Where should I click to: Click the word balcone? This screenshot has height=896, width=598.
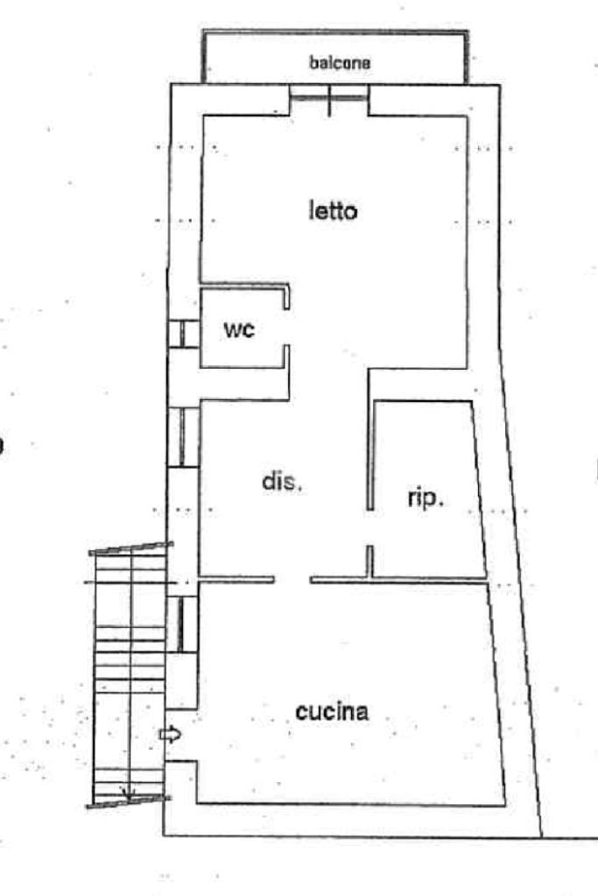pyautogui.click(x=341, y=63)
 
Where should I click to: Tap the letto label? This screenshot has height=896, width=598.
pyautogui.click(x=334, y=211)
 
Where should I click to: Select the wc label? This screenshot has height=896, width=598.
pyautogui.click(x=239, y=330)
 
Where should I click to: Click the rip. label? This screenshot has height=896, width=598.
pyautogui.click(x=426, y=499)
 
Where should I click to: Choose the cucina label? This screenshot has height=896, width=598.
pyautogui.click(x=332, y=712)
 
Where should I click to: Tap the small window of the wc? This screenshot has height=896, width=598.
pyautogui.click(x=183, y=334)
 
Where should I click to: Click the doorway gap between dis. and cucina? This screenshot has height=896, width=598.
pyautogui.click(x=292, y=579)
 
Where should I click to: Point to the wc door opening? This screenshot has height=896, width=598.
pyautogui.click(x=288, y=328)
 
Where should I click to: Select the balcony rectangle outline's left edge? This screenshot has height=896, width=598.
pyautogui.click(x=203, y=58)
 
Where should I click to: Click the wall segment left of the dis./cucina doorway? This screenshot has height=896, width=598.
pyautogui.click(x=236, y=579)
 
